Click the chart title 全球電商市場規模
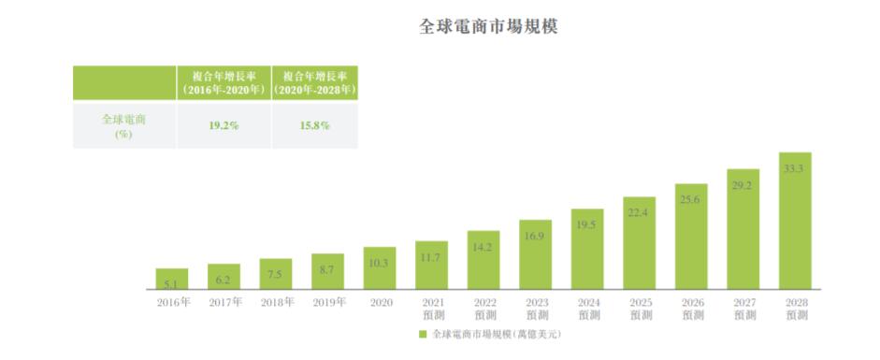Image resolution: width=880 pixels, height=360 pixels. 488,25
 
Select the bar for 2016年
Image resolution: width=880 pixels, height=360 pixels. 171,279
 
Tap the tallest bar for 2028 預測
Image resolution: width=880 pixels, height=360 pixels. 795,221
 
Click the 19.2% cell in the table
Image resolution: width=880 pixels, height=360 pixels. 224,124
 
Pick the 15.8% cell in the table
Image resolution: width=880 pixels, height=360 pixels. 313,124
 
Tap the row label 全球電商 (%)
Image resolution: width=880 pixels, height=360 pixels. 123,125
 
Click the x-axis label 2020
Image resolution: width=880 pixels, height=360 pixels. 380,303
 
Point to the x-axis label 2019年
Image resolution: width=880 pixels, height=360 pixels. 327,303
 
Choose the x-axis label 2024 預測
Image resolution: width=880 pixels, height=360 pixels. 586,309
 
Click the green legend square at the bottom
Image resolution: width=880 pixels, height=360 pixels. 423,334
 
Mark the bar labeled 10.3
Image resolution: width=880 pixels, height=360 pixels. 380,268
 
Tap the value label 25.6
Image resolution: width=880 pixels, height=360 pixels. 691,200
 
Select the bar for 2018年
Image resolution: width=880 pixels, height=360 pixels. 276,274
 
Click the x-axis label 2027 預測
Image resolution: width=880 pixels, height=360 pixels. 743,309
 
